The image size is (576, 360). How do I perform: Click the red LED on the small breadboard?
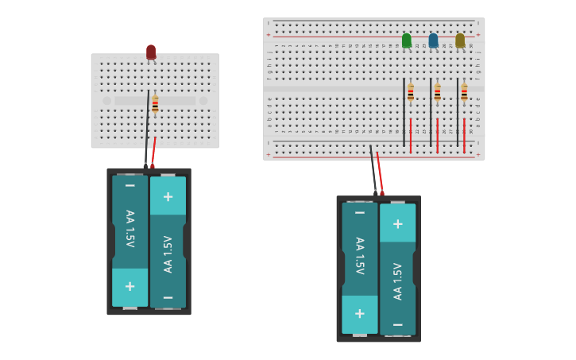tap(151, 52)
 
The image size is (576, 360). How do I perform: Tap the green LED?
tap(407, 40)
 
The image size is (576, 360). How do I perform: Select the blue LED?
tap(433, 40)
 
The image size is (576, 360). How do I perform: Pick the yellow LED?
tap(460, 40)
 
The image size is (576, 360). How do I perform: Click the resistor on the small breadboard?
tap(156, 103)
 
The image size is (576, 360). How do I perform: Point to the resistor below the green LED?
tap(411, 93)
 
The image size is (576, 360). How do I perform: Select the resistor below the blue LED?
tap(437, 93)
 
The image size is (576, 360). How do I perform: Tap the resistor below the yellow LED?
tap(464, 93)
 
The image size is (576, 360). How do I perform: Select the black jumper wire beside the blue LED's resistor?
tap(431, 111)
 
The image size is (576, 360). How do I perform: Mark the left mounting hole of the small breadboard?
tap(107, 101)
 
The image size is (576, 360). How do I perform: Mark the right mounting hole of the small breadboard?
tap(203, 101)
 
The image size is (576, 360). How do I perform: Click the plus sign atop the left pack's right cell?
tap(168, 196)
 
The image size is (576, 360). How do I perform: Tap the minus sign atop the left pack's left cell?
tap(130, 186)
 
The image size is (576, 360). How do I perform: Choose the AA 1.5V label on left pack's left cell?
tap(130, 229)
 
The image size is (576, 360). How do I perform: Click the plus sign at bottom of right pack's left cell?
tap(360, 313)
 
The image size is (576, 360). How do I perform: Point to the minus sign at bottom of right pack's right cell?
tap(397, 324)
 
